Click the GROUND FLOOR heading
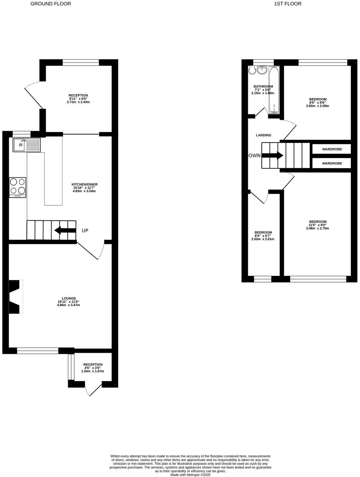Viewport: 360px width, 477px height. (x=51, y=4)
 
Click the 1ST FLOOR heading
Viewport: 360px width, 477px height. (x=288, y=4)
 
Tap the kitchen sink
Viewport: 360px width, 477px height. (x=26, y=145)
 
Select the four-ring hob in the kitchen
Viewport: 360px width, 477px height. (x=18, y=187)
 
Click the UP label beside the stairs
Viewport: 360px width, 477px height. (x=85, y=231)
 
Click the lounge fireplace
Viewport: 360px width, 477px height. (x=16, y=297)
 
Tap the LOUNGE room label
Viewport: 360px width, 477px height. (x=68, y=298)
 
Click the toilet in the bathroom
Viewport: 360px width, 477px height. (x=252, y=70)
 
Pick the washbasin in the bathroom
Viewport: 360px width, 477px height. (x=262, y=70)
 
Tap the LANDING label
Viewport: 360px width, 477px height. (x=263, y=135)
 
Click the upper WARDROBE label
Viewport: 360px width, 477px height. (x=332, y=149)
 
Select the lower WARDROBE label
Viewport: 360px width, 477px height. (x=332, y=163)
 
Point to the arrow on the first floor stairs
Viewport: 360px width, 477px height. (x=273, y=156)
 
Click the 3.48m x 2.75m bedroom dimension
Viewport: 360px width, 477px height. (x=317, y=228)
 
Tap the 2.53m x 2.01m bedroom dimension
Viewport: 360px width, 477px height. (x=263, y=239)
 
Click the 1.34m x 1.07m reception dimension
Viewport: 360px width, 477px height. (x=92, y=371)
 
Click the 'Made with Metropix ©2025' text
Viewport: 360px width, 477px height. (x=190, y=475)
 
